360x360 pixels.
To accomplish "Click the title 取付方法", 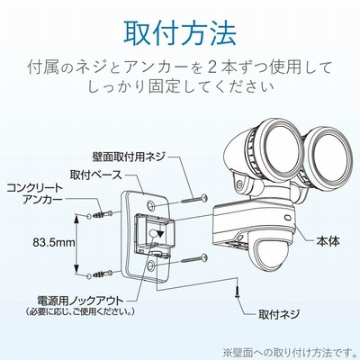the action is (x=180, y=33).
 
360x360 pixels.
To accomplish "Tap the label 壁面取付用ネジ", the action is (x=129, y=157).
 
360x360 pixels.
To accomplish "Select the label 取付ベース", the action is (x=96, y=175).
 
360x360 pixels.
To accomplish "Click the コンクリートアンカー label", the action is (x=35, y=193).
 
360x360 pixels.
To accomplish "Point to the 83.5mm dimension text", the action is (x=54, y=242).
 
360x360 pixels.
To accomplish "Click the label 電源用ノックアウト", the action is (x=80, y=301).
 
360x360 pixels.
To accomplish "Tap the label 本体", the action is (x=328, y=241).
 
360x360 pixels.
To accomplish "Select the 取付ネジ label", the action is (x=279, y=314).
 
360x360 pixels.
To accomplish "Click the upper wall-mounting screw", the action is (x=194, y=199).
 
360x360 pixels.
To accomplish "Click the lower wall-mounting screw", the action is (x=194, y=259).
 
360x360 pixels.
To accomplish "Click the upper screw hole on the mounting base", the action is (x=151, y=205).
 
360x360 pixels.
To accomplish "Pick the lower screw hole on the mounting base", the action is (x=151, y=265).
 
